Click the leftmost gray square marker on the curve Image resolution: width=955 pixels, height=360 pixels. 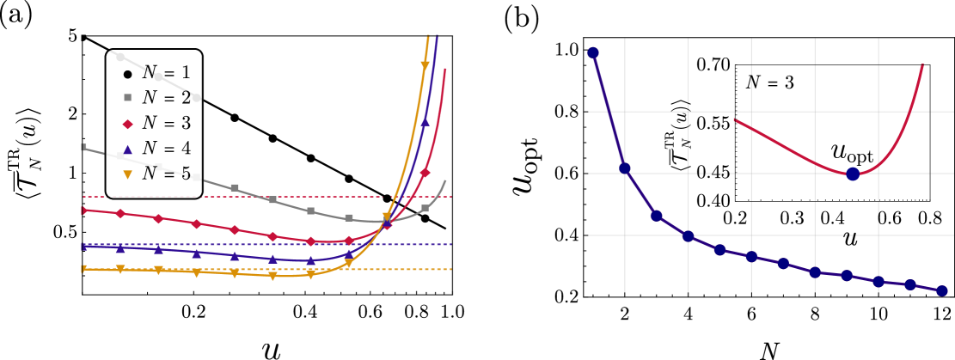tap(83, 148)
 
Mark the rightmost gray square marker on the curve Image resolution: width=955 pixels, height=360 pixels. tap(425, 209)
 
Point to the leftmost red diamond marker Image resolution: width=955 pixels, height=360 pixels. tap(83, 211)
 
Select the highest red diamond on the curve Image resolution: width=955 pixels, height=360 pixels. tap(425, 173)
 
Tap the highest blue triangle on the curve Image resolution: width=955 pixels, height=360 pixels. tap(425, 122)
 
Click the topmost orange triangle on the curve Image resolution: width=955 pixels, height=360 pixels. tap(425, 65)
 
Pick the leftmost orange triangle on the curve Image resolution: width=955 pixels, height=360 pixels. tap(83, 269)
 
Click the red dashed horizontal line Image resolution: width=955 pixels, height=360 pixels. tap(258, 197)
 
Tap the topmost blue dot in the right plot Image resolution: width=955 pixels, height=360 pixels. tap(593, 52)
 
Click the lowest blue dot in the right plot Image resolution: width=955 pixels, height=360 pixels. tap(941, 291)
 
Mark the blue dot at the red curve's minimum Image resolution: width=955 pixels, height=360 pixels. tap(852, 174)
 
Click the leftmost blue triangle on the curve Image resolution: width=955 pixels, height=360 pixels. tap(83, 247)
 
